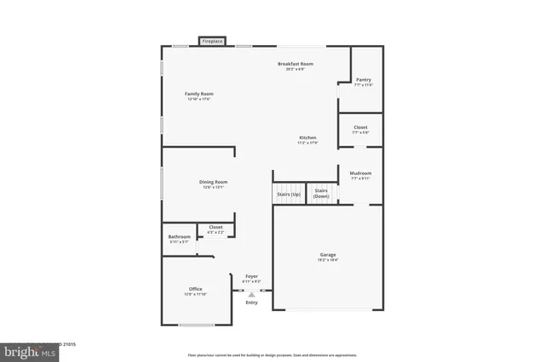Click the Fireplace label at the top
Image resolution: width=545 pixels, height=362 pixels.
click(212, 40)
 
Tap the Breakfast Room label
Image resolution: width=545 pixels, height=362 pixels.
click(295, 65)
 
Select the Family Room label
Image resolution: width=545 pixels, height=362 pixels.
click(199, 93)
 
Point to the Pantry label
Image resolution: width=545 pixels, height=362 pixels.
click(364, 79)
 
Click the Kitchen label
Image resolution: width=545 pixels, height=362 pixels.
click(307, 138)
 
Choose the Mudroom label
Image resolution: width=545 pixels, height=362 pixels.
click(361, 173)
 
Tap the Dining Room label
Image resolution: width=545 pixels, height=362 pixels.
click(214, 182)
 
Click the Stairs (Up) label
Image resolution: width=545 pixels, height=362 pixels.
click(288, 195)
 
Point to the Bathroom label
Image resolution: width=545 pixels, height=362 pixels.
click(179, 237)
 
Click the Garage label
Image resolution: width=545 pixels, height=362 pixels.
click(328, 255)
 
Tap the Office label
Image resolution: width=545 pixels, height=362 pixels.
click(196, 289)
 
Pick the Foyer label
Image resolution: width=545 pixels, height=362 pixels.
click(252, 276)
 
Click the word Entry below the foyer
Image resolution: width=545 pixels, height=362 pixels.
click(251, 302)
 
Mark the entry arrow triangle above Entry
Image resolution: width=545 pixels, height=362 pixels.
click(251, 293)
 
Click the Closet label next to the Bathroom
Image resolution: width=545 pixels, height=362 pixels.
click(215, 227)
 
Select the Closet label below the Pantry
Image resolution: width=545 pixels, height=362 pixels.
click(361, 127)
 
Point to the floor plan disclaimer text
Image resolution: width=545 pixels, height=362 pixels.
click(272, 354)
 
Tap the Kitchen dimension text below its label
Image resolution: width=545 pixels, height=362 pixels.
click(307, 143)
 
